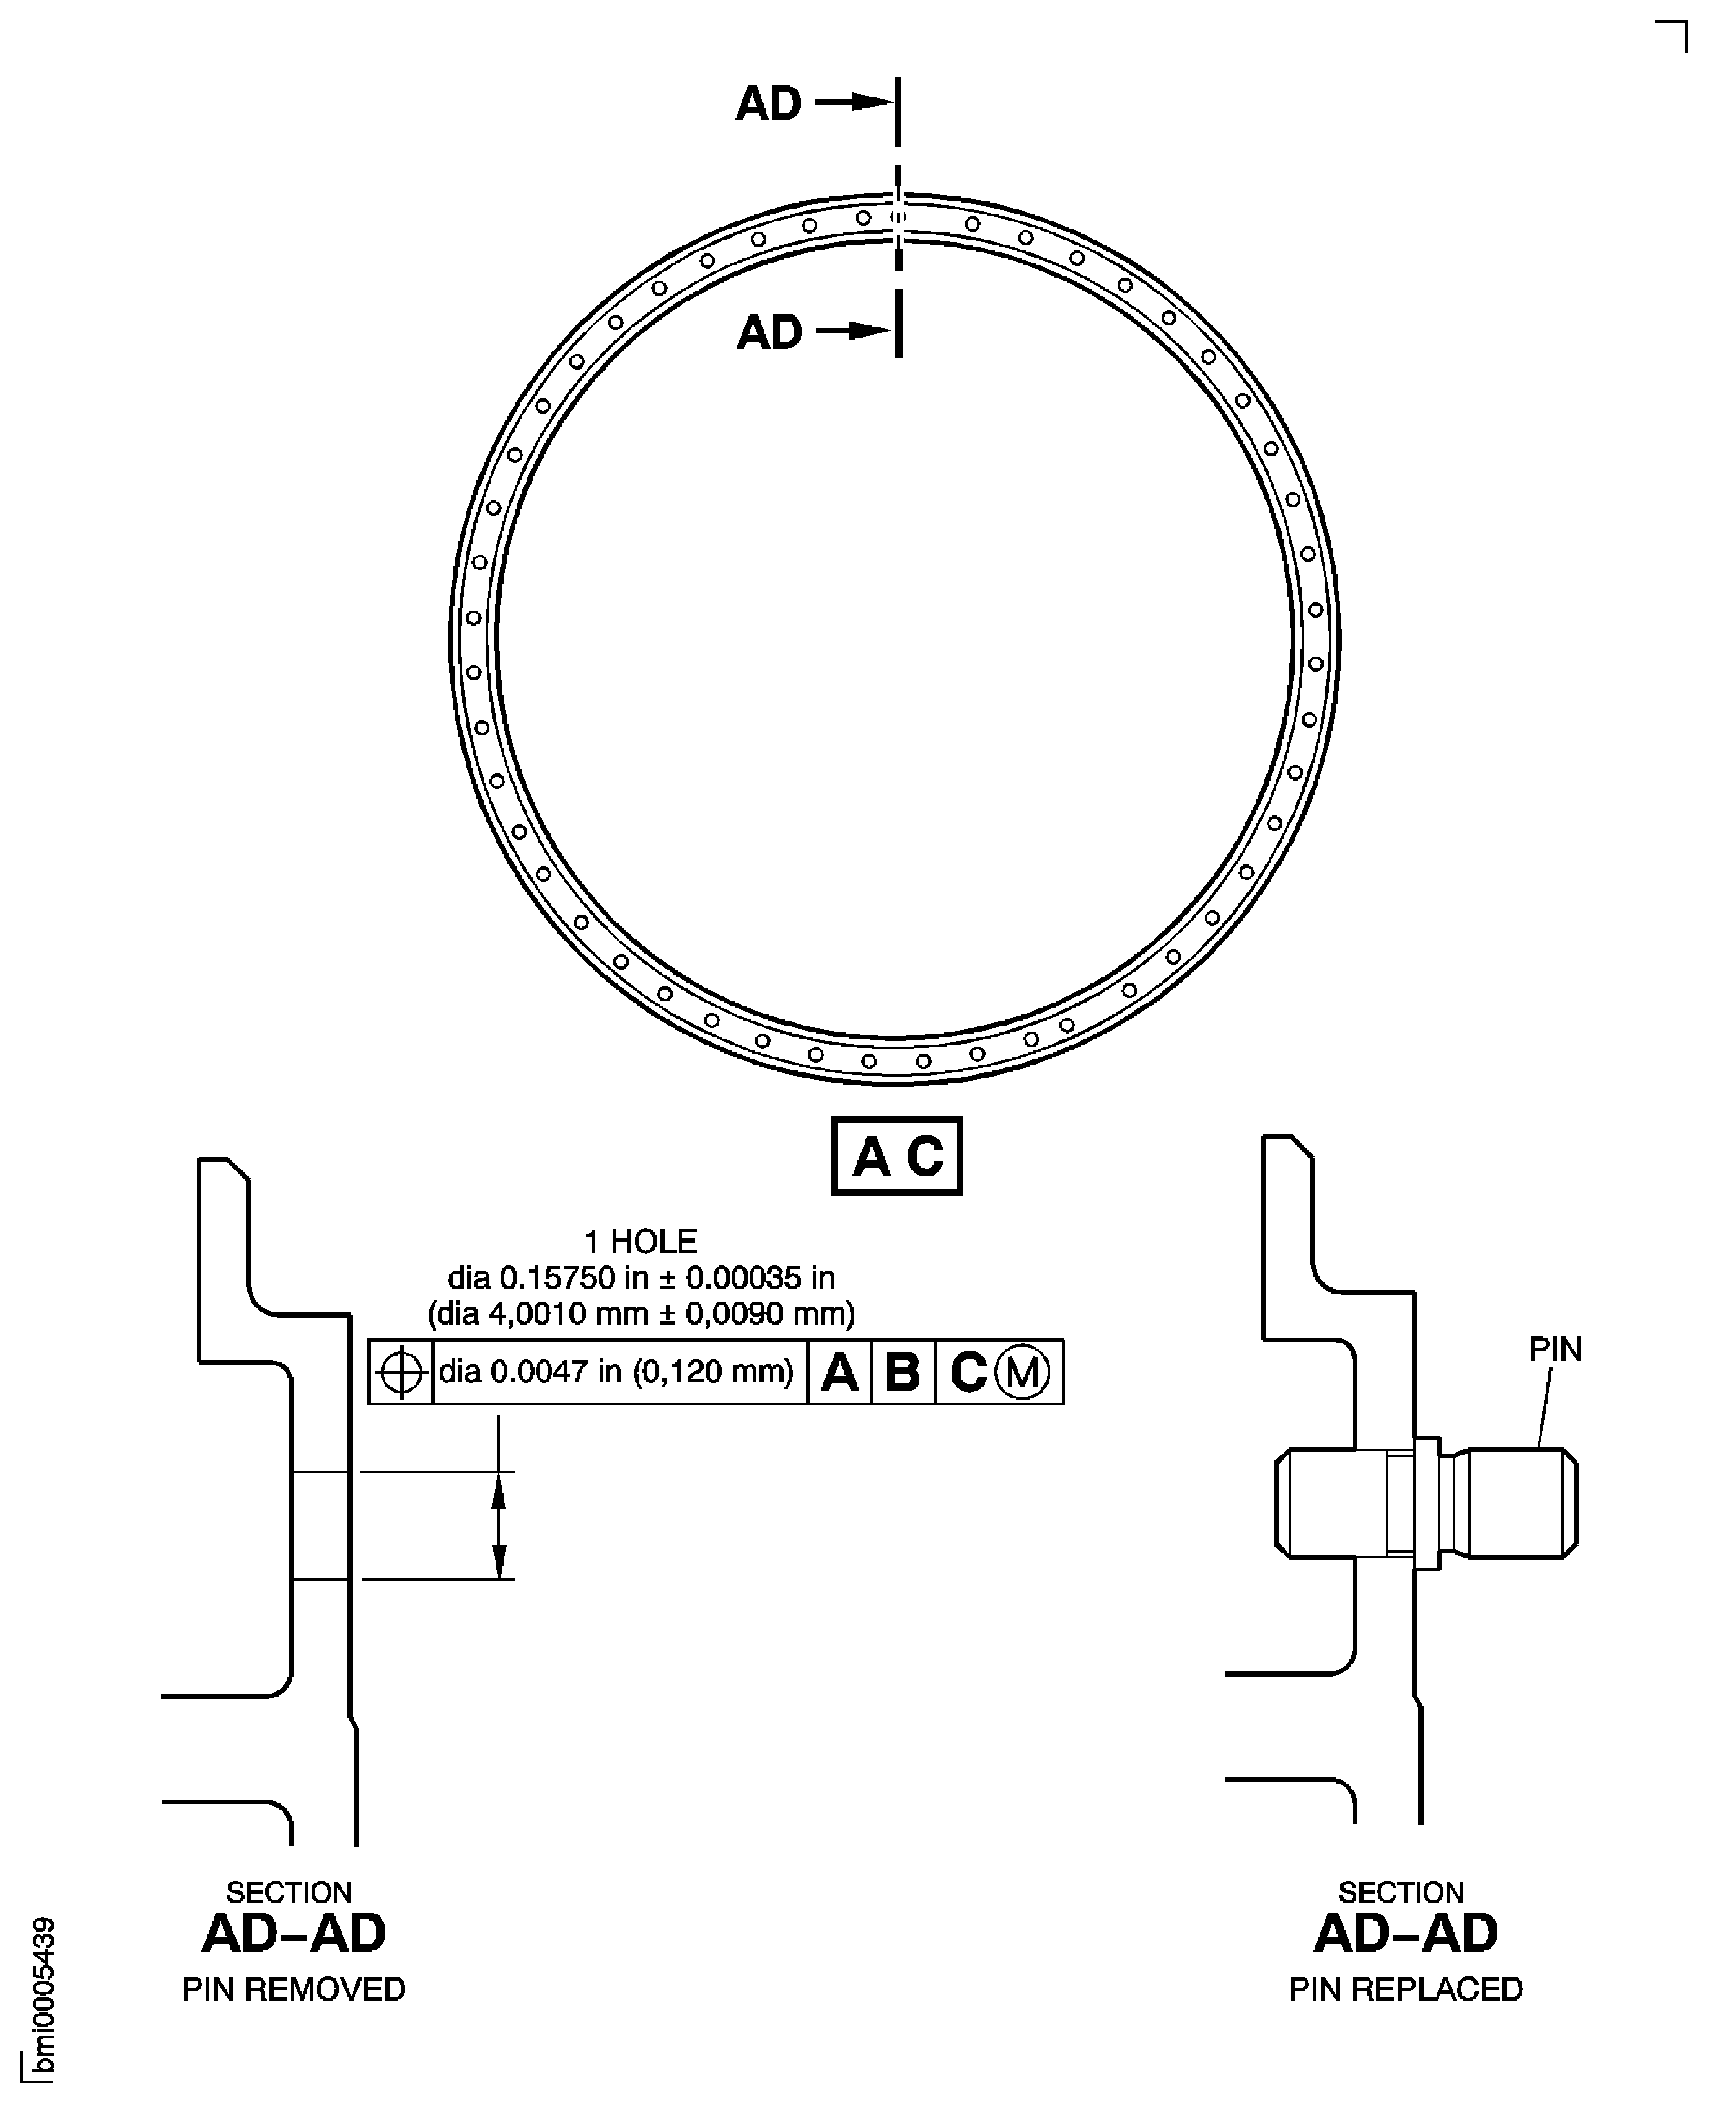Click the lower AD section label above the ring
(769, 332)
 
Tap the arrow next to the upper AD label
(852, 101)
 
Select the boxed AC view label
(896, 1156)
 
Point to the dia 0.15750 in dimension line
(641, 1278)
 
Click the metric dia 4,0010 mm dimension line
(641, 1313)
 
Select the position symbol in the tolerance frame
(401, 1371)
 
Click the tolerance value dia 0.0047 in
(617, 1371)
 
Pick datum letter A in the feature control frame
(839, 1371)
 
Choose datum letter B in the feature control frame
(903, 1371)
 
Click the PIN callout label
(1555, 1349)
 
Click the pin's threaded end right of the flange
(1516, 1504)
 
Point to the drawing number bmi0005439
(43, 1999)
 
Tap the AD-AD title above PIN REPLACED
(1406, 1933)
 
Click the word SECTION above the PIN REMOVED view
(289, 1892)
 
